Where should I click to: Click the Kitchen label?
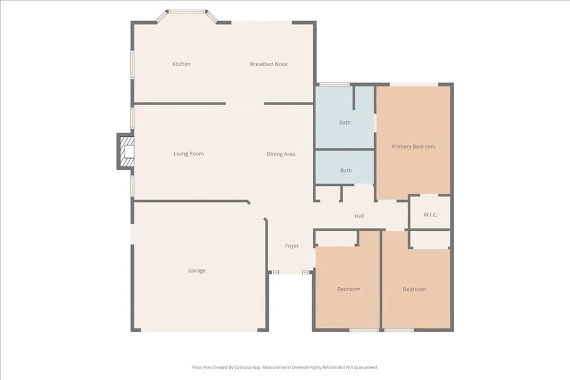point(181,64)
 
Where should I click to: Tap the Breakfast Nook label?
point(269,64)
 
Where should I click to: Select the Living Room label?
point(189,154)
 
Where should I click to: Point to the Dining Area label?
point(281,154)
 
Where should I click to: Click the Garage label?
point(196,271)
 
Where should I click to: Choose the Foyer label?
point(292,246)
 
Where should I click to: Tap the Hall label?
point(360,216)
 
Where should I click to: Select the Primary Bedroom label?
point(414,147)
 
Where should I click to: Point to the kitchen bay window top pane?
point(188,11)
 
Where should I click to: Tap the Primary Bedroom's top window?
point(414,85)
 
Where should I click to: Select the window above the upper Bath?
point(334,85)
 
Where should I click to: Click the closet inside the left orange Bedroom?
point(336,238)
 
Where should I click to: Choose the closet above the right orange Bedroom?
point(430,240)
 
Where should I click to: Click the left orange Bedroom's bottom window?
point(364,330)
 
